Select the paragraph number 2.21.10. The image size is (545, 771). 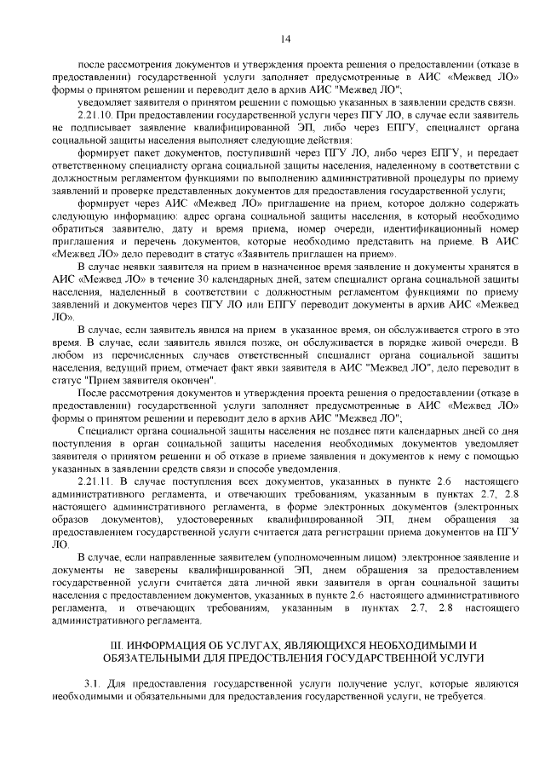(93, 114)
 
